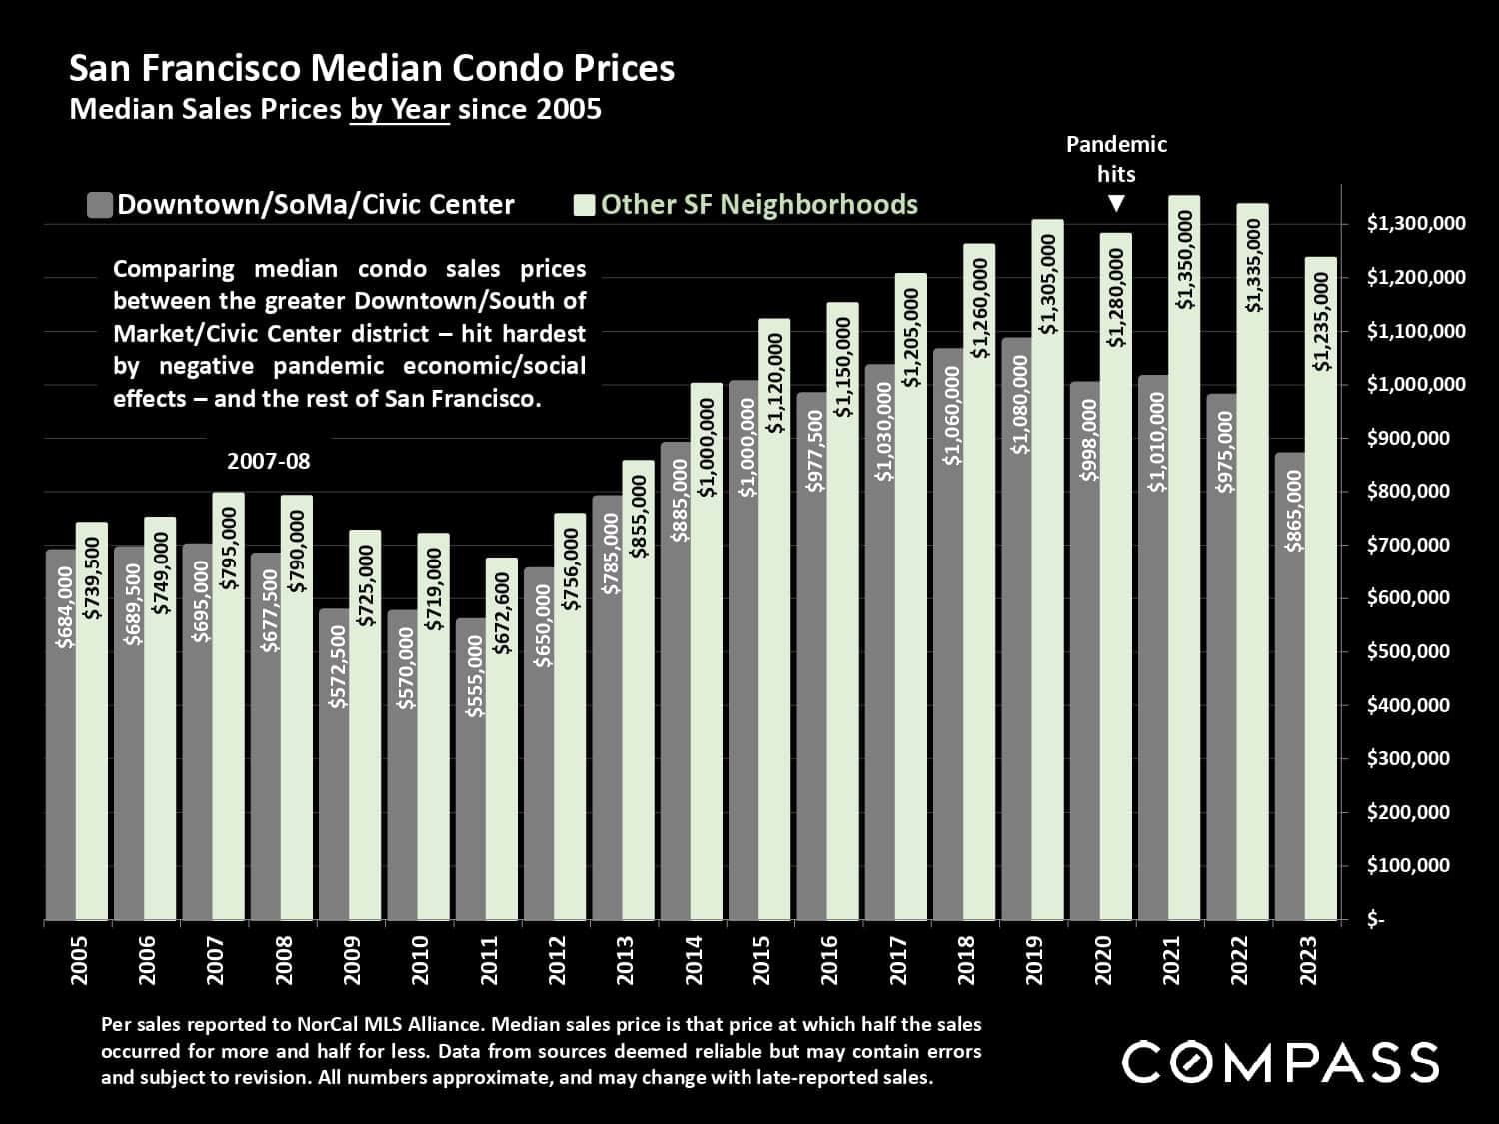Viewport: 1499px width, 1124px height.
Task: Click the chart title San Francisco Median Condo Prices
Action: (372, 68)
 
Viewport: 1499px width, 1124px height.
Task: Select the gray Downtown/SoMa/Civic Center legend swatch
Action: (99, 205)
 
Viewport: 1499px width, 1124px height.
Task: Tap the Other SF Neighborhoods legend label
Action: (758, 205)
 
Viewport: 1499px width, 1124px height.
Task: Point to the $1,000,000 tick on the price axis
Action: (1416, 385)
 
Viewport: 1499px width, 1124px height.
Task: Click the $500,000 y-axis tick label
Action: (1408, 652)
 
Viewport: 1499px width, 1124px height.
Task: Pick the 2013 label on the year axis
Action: (626, 960)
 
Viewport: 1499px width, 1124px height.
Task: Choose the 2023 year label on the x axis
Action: (1308, 960)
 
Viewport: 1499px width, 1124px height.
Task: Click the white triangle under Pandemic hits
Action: (1116, 204)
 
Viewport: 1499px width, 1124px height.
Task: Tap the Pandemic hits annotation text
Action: (1116, 159)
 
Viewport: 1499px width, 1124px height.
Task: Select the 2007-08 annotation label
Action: (268, 462)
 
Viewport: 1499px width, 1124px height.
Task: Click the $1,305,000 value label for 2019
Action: (1047, 284)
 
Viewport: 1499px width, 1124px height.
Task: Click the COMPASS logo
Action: (1280, 1061)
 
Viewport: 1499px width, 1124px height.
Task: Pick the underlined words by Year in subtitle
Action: (399, 109)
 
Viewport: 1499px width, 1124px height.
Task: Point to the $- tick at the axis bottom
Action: (1375, 920)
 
